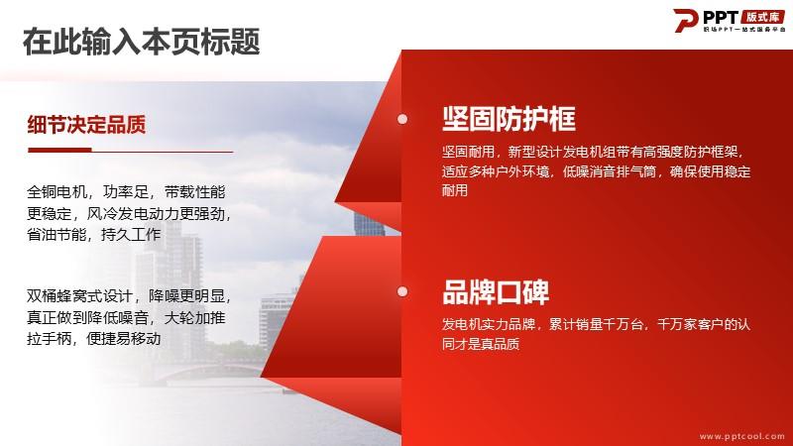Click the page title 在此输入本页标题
(141, 42)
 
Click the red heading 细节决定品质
(86, 125)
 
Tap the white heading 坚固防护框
(509, 119)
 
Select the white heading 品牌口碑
(496, 292)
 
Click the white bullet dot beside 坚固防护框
(402, 119)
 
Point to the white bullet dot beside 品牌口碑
(402, 291)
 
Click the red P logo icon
(685, 20)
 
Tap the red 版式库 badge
(763, 17)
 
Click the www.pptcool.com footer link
(741, 436)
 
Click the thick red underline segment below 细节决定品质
(59, 150)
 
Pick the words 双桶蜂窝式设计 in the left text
(79, 295)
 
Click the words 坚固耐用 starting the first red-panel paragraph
(468, 152)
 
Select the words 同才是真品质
(481, 344)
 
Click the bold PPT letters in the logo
(721, 17)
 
